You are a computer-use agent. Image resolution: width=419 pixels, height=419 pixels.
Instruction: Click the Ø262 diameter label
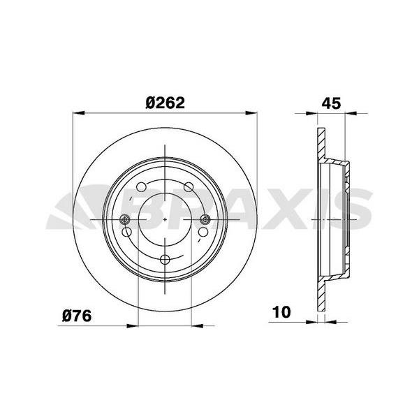165,103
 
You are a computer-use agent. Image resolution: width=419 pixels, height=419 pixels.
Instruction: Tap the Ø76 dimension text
77,316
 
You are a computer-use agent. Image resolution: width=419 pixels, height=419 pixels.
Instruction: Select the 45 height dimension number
331,103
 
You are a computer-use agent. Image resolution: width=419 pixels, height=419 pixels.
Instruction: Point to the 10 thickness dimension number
281,312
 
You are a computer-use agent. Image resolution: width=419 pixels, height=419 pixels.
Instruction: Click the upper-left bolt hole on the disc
141,186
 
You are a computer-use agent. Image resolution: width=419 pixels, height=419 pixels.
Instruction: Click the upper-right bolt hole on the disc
189,186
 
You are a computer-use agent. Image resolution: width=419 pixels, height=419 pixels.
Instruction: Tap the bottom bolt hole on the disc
165,259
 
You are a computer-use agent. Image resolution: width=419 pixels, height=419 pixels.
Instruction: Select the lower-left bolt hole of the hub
126,232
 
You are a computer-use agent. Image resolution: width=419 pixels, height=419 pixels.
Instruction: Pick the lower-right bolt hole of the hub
203,232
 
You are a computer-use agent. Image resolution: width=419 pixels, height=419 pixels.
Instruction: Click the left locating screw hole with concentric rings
125,219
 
